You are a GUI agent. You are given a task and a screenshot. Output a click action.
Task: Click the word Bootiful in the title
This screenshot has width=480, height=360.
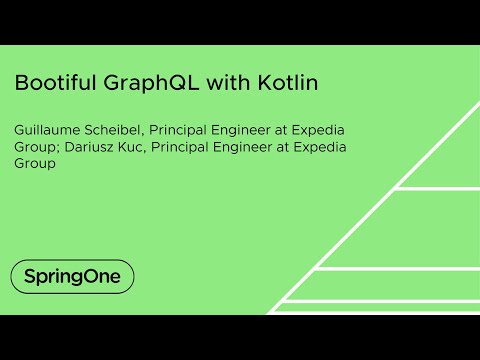[56, 83]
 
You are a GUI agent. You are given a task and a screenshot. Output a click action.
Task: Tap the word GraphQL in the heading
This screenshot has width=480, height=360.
[154, 84]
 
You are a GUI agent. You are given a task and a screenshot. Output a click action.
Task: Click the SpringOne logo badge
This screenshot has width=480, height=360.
[72, 275]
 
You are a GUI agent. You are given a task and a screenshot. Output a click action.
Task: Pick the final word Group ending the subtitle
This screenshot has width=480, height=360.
[34, 163]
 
